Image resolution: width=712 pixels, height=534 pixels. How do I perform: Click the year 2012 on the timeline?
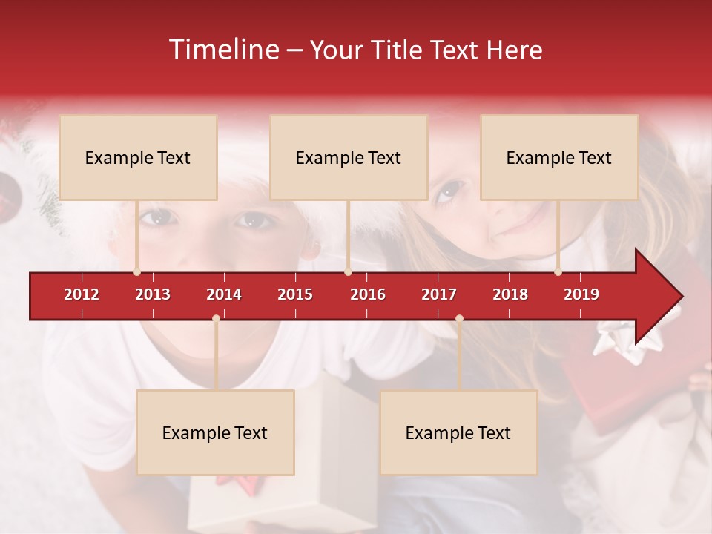click(82, 294)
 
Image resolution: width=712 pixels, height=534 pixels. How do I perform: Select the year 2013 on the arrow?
click(153, 294)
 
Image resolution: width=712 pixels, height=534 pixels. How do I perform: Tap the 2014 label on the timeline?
click(224, 294)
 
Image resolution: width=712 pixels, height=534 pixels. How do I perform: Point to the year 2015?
click(295, 294)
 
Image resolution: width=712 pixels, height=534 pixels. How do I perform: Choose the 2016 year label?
click(368, 294)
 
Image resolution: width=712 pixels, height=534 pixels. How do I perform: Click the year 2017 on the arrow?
click(439, 294)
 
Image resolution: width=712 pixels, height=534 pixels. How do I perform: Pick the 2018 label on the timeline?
click(510, 294)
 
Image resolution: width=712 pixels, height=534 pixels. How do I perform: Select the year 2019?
click(581, 294)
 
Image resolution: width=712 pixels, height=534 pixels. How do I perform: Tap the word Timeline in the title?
click(222, 50)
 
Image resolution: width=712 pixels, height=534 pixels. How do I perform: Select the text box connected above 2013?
click(138, 157)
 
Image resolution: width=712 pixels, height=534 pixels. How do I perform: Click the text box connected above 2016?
click(349, 157)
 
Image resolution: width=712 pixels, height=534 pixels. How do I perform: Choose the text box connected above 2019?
click(559, 157)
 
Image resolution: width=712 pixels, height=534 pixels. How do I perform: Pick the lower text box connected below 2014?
click(215, 432)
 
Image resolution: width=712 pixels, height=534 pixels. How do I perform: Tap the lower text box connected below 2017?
click(458, 432)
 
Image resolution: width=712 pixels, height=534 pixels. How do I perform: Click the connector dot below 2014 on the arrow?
click(216, 319)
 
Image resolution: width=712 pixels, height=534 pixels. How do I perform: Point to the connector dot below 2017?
click(459, 319)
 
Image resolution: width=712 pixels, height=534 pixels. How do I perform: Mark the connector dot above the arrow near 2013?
click(136, 271)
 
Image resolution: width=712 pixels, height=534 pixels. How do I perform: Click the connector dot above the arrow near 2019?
click(558, 271)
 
